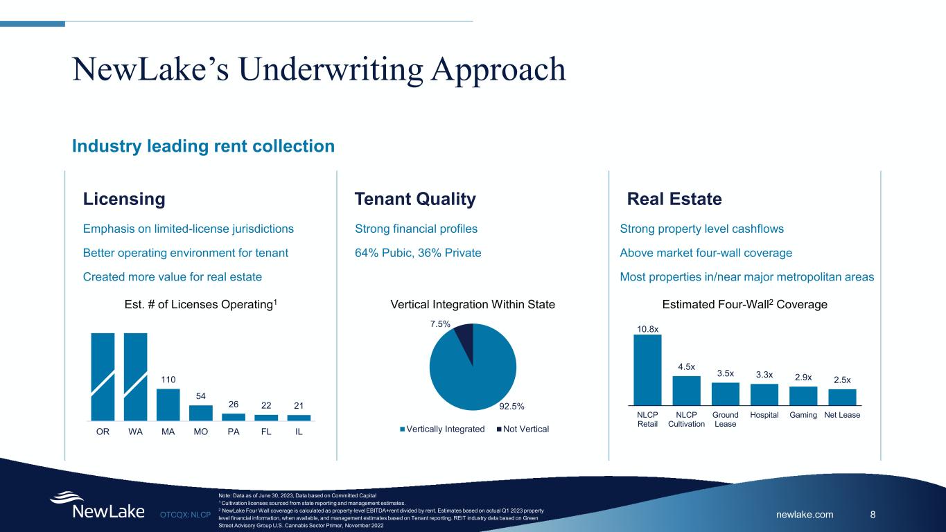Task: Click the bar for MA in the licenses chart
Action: click(x=168, y=405)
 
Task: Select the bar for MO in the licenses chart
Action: click(x=200, y=413)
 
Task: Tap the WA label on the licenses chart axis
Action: click(x=136, y=432)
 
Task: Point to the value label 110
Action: click(x=168, y=380)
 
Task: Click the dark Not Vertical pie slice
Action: click(x=464, y=340)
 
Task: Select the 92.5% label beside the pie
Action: click(x=511, y=406)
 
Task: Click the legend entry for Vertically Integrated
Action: click(x=442, y=429)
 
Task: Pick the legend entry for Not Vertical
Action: click(x=523, y=429)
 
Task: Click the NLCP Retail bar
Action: click(x=647, y=370)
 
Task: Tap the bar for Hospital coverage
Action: click(x=764, y=394)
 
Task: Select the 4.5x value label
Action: click(x=686, y=367)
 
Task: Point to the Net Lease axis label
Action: click(x=842, y=415)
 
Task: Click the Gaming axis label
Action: click(x=803, y=415)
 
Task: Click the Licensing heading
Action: click(x=124, y=199)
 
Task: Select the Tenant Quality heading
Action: click(x=415, y=199)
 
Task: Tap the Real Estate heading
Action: click(x=674, y=199)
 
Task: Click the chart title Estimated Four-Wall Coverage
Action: click(x=744, y=304)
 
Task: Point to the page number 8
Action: click(x=873, y=515)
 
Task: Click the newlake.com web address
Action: click(x=805, y=515)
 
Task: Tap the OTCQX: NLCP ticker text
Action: click(x=185, y=515)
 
